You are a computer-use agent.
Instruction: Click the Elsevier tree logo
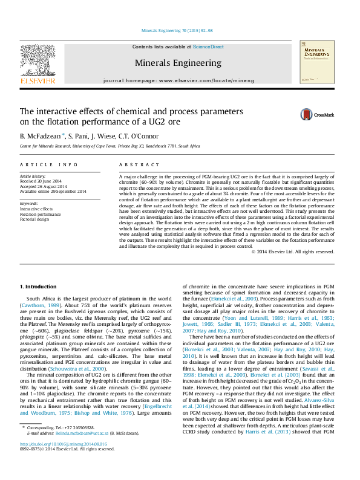tap(38, 60)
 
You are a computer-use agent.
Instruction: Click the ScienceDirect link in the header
tap(208, 47)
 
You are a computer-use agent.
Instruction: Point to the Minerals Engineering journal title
tap(178, 62)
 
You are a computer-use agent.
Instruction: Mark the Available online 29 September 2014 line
tap(53, 192)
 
